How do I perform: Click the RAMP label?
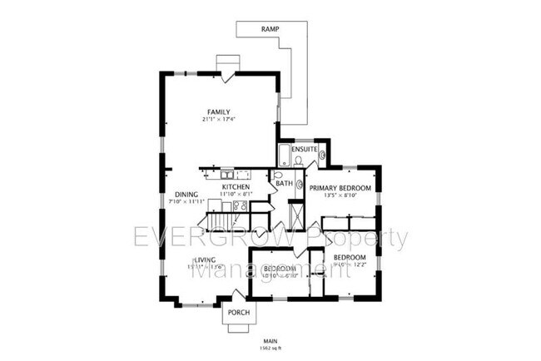pos(270,29)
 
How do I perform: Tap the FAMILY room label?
pos(219,112)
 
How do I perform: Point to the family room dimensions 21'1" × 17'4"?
pos(219,121)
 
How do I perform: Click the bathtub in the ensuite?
pos(285,156)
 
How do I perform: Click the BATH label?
pos(285,183)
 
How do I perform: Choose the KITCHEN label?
pos(236,187)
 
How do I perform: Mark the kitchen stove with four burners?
pos(239,205)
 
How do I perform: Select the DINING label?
pos(186,194)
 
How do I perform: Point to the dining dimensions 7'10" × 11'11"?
pos(186,202)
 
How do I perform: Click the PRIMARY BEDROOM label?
pos(340,189)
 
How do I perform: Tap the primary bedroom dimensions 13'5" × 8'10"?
pos(340,198)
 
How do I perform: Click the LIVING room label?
pos(205,260)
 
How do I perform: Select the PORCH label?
pos(239,313)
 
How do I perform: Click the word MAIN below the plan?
pos(270,342)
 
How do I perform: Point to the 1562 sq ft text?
pos(270,349)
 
